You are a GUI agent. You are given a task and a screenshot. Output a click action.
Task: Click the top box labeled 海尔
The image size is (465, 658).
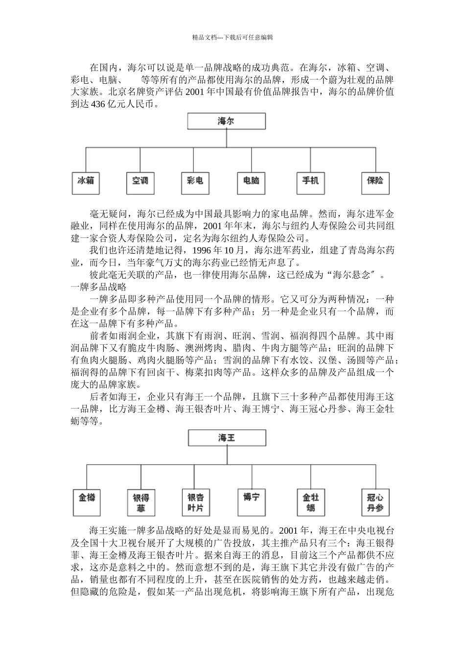226,121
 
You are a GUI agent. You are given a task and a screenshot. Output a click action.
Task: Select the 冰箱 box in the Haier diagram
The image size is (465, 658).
85,182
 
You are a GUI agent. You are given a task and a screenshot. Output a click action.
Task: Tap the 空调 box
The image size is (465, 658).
140,182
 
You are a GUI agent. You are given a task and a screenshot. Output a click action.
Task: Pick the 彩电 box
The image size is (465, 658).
195,182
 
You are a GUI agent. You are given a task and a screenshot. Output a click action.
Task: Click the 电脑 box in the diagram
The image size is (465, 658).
251,182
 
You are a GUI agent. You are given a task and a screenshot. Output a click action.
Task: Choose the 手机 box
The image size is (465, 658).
310,182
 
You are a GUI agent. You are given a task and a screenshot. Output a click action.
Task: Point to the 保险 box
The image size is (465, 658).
375,182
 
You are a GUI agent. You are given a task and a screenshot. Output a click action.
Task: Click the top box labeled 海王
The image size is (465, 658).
227,438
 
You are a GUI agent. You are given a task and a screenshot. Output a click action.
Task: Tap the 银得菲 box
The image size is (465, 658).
140,502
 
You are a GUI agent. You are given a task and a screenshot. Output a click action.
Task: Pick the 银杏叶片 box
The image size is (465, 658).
195,502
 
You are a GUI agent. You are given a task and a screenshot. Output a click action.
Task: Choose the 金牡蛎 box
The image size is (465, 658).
311,502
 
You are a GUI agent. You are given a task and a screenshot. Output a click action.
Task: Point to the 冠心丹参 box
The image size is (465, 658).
375,502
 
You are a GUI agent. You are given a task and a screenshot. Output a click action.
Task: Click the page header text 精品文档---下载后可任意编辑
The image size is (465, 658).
232,37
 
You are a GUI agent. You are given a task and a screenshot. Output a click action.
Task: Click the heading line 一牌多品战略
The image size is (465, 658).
98,287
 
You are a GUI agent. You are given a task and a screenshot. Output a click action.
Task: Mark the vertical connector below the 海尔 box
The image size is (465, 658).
226,138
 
